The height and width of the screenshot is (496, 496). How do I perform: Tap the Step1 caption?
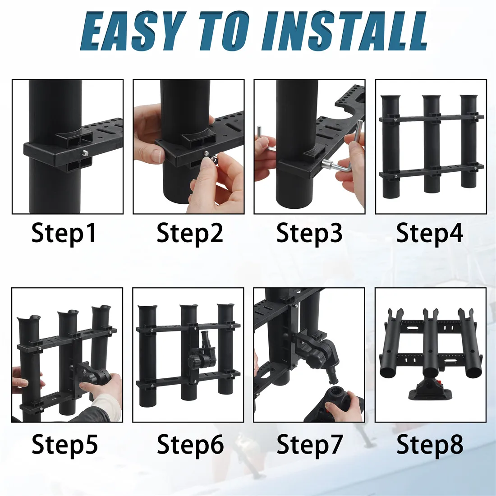click(x=64, y=234)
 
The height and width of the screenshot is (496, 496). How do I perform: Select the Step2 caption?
click(x=190, y=234)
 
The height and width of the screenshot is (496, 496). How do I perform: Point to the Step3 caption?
click(x=309, y=234)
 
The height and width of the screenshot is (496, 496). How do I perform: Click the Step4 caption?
click(x=430, y=234)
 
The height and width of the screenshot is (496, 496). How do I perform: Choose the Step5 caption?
click(x=65, y=445)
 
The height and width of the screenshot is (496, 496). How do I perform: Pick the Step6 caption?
click(x=190, y=445)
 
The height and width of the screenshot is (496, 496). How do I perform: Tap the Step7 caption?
click(x=310, y=445)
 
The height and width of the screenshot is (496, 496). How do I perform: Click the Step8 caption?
click(x=430, y=445)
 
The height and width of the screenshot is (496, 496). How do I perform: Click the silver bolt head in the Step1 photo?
click(x=85, y=153)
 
